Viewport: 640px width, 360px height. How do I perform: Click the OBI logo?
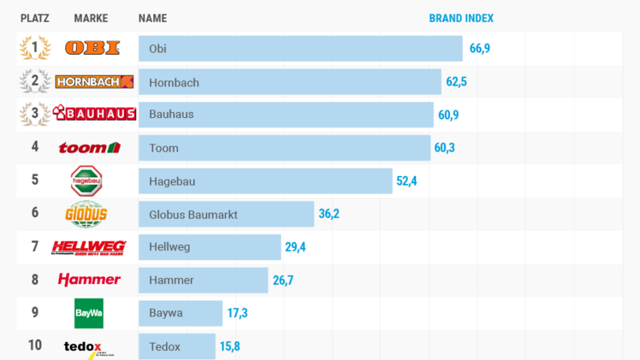[x=92, y=48]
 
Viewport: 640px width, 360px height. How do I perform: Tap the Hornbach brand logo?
[x=94, y=82]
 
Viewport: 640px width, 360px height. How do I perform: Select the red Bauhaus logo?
[x=95, y=114]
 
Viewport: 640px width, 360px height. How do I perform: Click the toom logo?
[x=89, y=148]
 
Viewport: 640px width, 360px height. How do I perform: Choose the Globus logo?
[x=86, y=213]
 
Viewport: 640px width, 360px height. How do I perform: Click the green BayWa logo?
[x=88, y=313]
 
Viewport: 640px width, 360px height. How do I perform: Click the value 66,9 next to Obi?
[x=480, y=49]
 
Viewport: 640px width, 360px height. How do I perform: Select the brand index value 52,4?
[x=406, y=180]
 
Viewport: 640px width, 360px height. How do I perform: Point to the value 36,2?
[x=329, y=214]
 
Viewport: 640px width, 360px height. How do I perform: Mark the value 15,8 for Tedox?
[x=230, y=346]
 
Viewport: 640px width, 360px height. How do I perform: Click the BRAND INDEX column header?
[x=461, y=18]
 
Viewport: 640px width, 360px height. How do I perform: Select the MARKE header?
[x=91, y=18]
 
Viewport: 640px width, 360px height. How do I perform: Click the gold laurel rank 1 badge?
[x=35, y=48]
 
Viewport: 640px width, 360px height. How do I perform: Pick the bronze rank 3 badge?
[x=35, y=114]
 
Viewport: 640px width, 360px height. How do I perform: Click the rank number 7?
[x=35, y=246]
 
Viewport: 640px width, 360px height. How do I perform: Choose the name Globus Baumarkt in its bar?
[x=193, y=214]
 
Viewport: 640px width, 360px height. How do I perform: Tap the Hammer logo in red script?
[x=89, y=280]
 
